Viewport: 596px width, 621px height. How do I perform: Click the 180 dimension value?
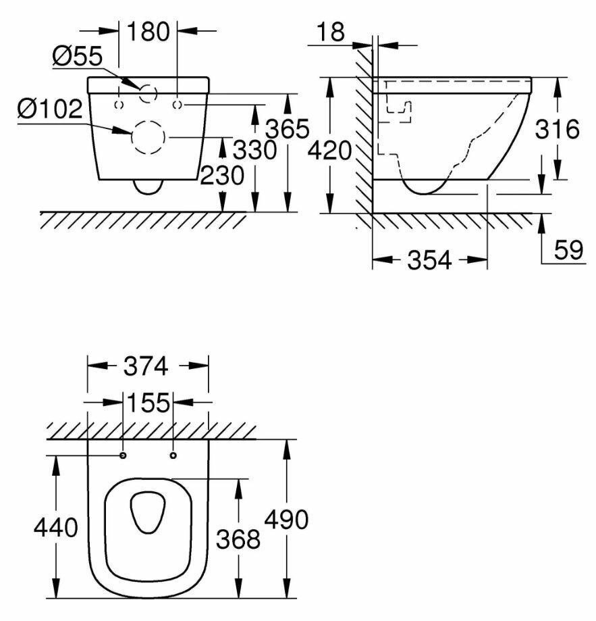click(148, 32)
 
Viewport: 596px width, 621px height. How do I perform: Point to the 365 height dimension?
click(287, 128)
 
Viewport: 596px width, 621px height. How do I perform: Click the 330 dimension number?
click(254, 149)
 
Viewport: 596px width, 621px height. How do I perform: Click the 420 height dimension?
click(329, 151)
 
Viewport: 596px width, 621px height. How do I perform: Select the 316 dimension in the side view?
click(558, 128)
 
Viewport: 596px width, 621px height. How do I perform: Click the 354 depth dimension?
click(429, 261)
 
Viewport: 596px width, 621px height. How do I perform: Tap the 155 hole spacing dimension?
click(148, 403)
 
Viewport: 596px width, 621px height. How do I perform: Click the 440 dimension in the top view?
click(56, 527)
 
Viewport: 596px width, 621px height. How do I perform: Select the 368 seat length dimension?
click(238, 539)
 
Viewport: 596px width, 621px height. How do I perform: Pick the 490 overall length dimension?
click(286, 520)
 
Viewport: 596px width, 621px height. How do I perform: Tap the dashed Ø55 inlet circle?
click(148, 94)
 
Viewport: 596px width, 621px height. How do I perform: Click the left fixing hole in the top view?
click(123, 455)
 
